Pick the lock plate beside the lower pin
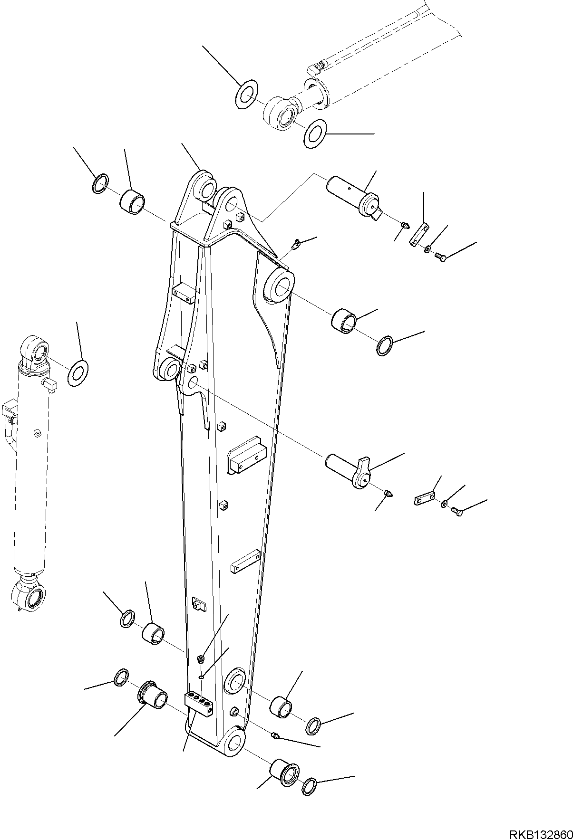[424, 499]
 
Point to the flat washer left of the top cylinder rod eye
[246, 95]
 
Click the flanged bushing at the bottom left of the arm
[153, 692]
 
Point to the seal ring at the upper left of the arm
[100, 184]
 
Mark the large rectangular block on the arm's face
[246, 456]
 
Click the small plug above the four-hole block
[201, 659]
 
